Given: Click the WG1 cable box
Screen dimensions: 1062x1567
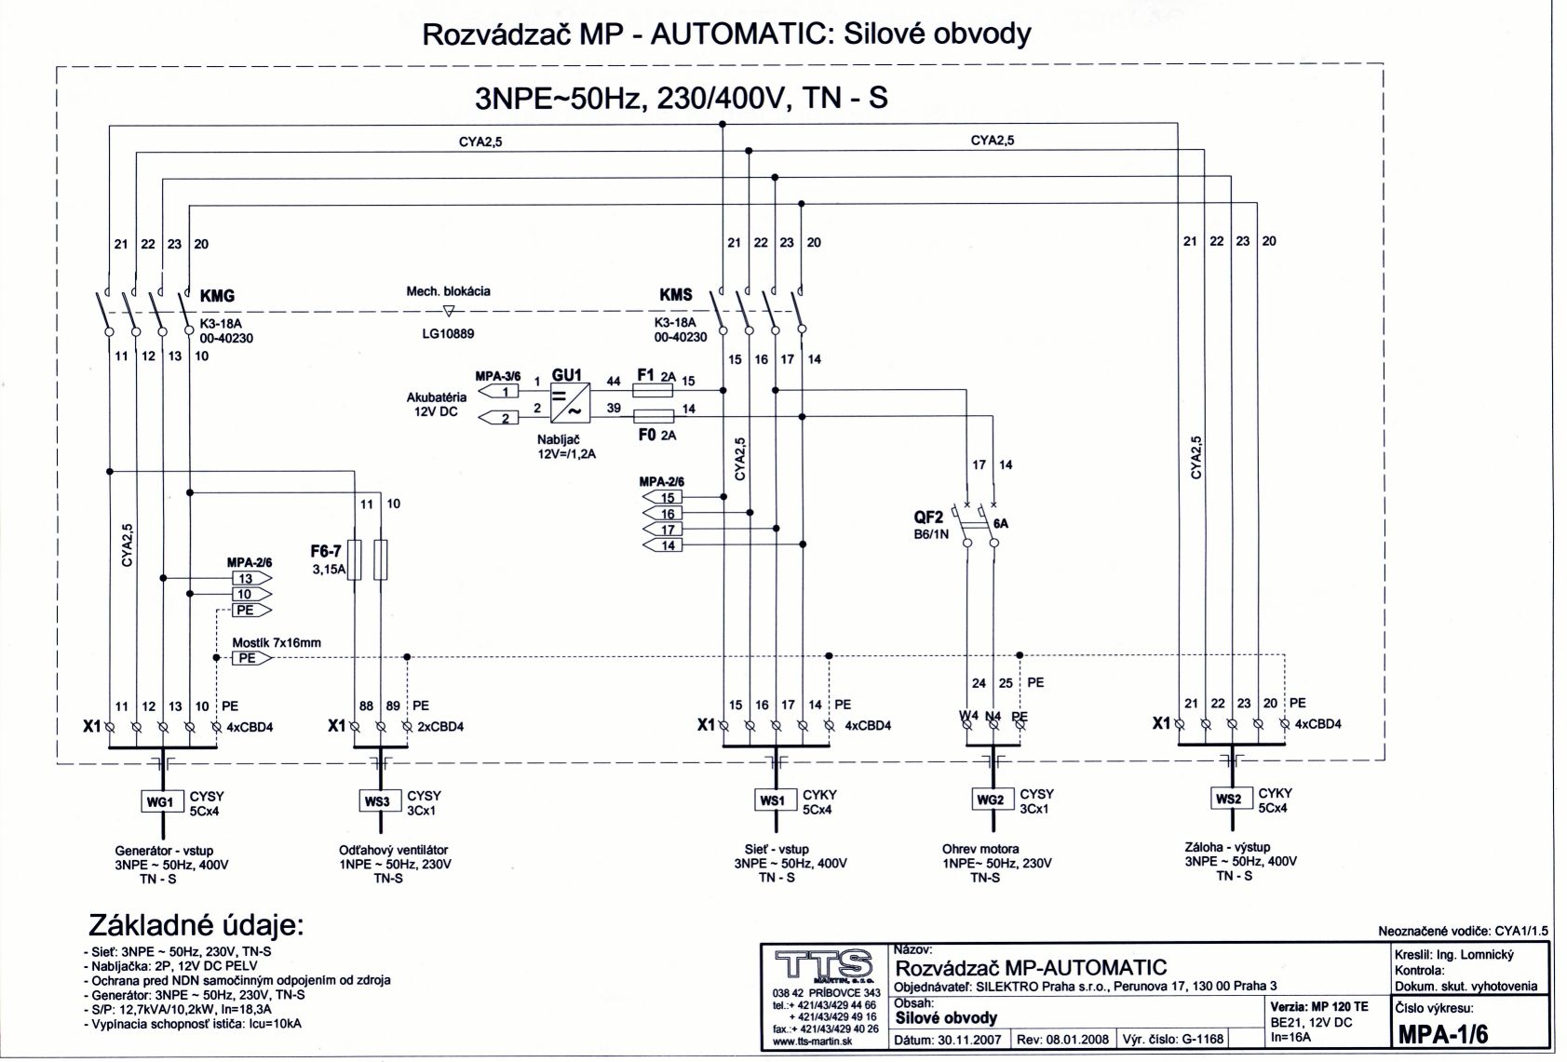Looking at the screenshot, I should coord(159,801).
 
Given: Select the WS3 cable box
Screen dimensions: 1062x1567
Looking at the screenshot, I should coord(376,800).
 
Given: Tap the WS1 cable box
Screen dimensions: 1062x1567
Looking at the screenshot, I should coord(773,800).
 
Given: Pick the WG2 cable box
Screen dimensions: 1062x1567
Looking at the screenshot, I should coord(990,800).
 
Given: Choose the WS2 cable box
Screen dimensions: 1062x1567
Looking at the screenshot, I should coord(1228,799).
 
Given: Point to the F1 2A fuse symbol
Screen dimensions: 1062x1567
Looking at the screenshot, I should coord(652,391).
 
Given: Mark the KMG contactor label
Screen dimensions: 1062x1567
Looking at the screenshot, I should coord(217,296).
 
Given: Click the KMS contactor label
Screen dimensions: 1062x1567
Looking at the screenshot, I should coord(676,295).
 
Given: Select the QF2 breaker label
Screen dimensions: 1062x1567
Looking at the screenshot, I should coord(928,518).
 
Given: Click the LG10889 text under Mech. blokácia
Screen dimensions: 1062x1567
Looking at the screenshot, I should coord(448,333).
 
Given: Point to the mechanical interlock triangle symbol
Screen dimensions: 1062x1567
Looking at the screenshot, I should coord(449,311).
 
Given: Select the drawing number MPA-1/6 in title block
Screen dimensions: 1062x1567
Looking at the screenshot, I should coord(1443,1035).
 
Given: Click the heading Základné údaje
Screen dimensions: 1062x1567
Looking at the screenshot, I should coord(196,926).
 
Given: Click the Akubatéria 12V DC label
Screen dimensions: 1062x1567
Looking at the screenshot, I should coord(436,404).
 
